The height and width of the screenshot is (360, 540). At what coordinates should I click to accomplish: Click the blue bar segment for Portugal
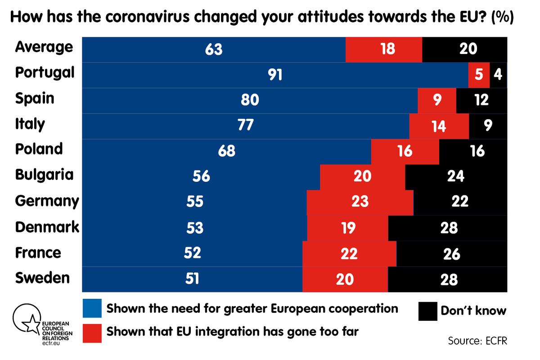(274, 74)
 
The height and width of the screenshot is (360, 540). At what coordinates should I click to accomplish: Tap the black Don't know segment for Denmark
(447, 228)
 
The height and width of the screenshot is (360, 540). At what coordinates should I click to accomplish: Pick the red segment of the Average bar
(384, 49)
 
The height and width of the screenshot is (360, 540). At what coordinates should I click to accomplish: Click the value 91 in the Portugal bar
(275, 74)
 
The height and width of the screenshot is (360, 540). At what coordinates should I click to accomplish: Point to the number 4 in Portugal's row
(497, 74)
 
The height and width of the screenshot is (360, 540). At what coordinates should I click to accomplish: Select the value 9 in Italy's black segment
(488, 125)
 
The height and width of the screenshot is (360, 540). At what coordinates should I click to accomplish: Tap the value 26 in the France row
(451, 254)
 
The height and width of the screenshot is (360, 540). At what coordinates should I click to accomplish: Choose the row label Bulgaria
(44, 175)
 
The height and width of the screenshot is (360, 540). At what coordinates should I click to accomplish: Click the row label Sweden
(42, 278)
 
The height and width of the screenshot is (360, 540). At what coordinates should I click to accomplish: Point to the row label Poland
(39, 149)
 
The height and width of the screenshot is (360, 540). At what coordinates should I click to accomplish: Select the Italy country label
(30, 124)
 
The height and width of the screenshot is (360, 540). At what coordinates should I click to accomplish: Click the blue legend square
(92, 308)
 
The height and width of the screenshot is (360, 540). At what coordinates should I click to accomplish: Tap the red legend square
(92, 332)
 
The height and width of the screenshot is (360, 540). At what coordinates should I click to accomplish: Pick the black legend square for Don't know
(427, 311)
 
